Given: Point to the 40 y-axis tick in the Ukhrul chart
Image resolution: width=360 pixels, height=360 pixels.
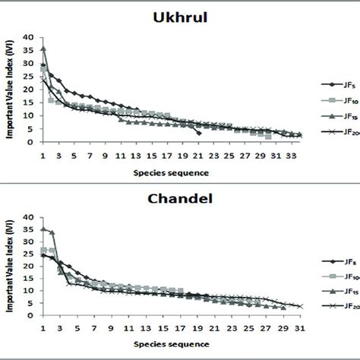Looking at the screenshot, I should [x=29, y=37].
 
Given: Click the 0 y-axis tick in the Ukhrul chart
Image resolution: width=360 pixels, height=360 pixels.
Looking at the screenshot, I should [x=31, y=141].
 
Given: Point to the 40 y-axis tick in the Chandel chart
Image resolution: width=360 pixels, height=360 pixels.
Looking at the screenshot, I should [x=29, y=217].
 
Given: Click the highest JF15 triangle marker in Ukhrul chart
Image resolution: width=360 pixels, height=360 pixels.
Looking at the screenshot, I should [x=43, y=49].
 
